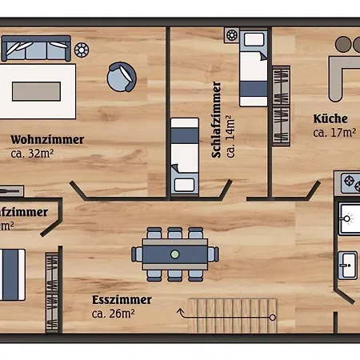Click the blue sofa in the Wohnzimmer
[36, 48]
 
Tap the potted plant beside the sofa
[81, 50]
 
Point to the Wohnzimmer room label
[47, 139]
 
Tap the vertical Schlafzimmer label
[217, 119]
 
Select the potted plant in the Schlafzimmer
[232, 35]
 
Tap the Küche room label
[330, 119]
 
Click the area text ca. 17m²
[334, 132]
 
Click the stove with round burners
[350, 183]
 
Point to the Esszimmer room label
[122, 301]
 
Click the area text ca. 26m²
[113, 314]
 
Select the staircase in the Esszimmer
[232, 314]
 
